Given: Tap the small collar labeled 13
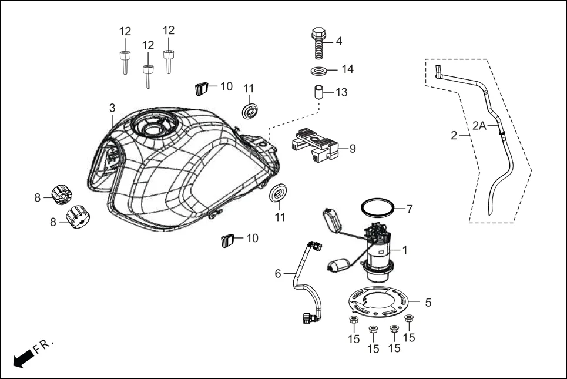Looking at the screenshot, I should [318, 93].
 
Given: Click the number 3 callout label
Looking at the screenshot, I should [112, 108].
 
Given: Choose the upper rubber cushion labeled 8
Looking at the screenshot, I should [62, 194].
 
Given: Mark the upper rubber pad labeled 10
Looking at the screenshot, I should [202, 89].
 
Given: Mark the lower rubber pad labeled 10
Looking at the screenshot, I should [228, 240].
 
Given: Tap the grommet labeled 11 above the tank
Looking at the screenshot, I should [251, 110].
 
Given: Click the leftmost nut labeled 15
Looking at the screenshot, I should [353, 320].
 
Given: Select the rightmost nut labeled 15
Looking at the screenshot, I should [410, 319].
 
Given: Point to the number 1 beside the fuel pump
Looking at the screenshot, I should [405, 250].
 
